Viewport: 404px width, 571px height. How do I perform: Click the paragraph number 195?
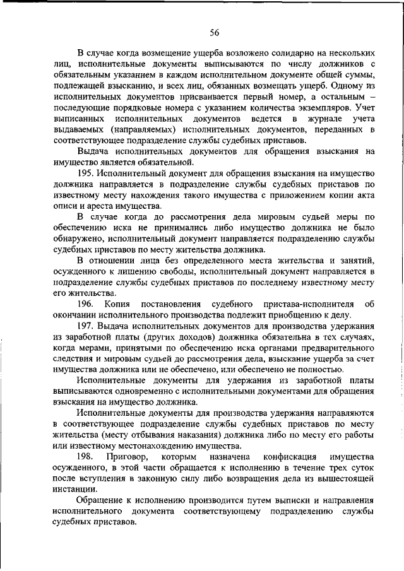point(88,172)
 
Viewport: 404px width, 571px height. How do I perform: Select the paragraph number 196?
point(86,305)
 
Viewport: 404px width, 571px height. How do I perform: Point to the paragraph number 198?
point(86,456)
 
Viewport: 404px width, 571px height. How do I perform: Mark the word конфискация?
point(281,456)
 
